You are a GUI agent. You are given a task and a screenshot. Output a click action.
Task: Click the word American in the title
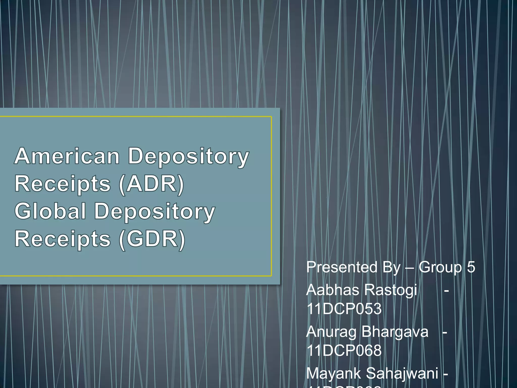pos(67,156)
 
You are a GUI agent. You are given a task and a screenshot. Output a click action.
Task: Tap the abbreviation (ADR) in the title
pos(151,184)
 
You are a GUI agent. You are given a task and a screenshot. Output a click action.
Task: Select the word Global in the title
pos(50,211)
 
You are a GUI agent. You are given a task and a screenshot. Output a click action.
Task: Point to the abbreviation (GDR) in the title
pos(152,239)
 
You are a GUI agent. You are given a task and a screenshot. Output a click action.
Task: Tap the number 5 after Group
pos(471,267)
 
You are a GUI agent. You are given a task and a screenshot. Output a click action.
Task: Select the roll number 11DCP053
pos(344,309)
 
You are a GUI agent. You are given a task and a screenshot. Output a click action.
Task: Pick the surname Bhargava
pos(395,332)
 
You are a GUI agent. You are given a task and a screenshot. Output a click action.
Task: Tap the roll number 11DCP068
pos(344,351)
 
